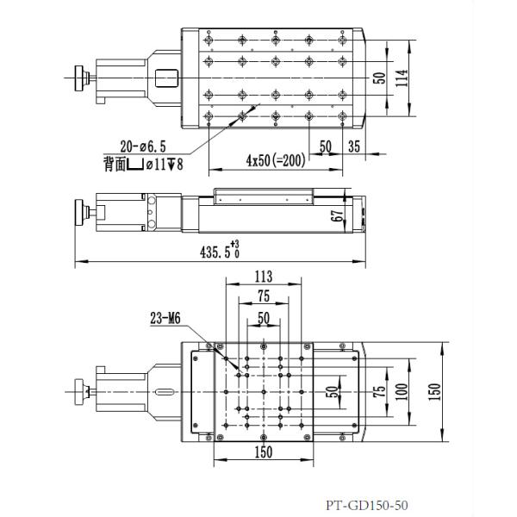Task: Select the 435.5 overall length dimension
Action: pyautogui.click(x=217, y=252)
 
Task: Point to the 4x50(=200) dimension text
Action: pyautogui.click(x=275, y=160)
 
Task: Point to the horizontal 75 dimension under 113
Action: pyautogui.click(x=264, y=296)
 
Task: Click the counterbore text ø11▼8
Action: pyautogui.click(x=163, y=165)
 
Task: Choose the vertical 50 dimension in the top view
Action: pyautogui.click(x=379, y=78)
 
